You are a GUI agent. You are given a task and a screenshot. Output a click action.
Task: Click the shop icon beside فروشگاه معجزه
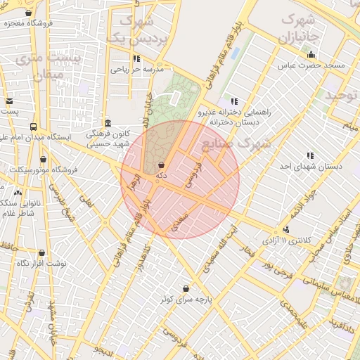point(28,13)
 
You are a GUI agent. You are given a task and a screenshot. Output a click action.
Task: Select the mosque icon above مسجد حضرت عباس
point(311,55)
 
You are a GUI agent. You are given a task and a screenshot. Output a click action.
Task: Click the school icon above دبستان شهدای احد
point(310,155)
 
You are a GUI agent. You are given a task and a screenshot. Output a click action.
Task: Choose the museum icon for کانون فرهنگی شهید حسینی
point(107,123)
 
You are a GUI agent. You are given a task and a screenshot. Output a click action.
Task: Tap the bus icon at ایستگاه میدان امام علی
point(33,127)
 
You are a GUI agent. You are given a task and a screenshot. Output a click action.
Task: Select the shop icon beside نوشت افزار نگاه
point(41,252)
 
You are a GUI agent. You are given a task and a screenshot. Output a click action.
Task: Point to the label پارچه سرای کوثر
point(186,300)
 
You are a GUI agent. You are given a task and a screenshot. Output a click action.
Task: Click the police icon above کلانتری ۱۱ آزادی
point(285,229)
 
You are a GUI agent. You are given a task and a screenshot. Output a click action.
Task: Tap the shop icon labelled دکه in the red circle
point(162,165)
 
